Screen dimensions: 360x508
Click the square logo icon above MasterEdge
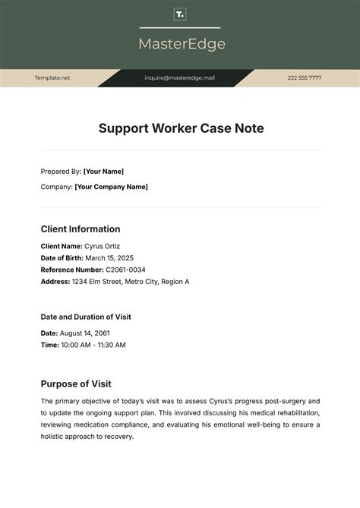coord(180,14)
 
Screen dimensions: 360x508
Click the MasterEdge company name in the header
coord(182,44)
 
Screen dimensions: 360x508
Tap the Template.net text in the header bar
coord(52,77)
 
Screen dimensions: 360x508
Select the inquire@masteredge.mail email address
coord(180,77)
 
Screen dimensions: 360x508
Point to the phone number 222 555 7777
coord(305,77)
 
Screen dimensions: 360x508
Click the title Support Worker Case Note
coord(181,128)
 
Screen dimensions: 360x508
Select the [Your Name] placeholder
coord(103,172)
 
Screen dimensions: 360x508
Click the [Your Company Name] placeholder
coord(112,187)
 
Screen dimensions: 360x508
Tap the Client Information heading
coord(81,229)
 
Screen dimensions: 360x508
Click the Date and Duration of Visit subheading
coord(87,317)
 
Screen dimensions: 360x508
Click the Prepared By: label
coord(61,172)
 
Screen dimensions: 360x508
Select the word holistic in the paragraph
coord(57,437)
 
